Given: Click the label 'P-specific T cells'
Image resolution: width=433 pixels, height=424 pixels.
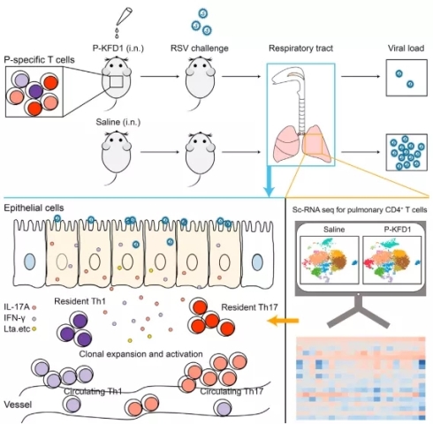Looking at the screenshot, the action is pyautogui.click(x=39, y=60).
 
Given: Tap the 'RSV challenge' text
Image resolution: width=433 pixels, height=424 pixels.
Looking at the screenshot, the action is pyautogui.click(x=200, y=48).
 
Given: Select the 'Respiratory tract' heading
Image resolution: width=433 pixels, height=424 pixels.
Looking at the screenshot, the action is pyautogui.click(x=300, y=48).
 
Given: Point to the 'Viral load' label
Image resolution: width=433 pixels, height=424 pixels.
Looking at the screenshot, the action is pyautogui.click(x=406, y=48).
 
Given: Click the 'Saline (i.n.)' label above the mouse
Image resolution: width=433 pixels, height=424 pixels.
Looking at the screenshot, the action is pyautogui.click(x=118, y=122).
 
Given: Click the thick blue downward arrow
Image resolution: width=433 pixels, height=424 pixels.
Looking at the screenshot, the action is pyautogui.click(x=270, y=181).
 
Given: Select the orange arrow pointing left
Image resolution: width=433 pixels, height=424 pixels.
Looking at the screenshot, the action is pyautogui.click(x=284, y=321).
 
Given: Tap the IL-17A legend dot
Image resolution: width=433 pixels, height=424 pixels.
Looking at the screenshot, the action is pyautogui.click(x=34, y=307).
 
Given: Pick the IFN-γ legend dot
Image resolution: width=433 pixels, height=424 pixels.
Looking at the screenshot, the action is pyautogui.click(x=34, y=319).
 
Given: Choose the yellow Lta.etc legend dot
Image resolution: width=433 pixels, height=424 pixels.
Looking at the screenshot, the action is pyautogui.click(x=34, y=329).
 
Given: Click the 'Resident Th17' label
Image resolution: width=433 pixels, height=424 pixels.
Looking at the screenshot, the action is pyautogui.click(x=249, y=307).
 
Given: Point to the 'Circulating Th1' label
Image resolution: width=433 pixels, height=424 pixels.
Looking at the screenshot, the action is pyautogui.click(x=93, y=391).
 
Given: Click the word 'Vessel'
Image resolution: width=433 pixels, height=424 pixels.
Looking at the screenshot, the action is pyautogui.click(x=18, y=405).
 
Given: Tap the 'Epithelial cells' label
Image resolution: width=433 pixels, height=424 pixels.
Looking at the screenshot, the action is pyautogui.click(x=34, y=208).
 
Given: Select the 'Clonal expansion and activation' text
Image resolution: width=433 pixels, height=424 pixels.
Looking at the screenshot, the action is pyautogui.click(x=141, y=353).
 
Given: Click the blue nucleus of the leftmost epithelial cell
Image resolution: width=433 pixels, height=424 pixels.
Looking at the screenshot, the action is pyautogui.click(x=29, y=261).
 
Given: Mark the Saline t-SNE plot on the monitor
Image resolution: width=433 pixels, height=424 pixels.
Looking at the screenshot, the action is pyautogui.click(x=330, y=260).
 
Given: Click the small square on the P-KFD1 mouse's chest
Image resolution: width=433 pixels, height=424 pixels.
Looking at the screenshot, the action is pyautogui.click(x=117, y=81).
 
